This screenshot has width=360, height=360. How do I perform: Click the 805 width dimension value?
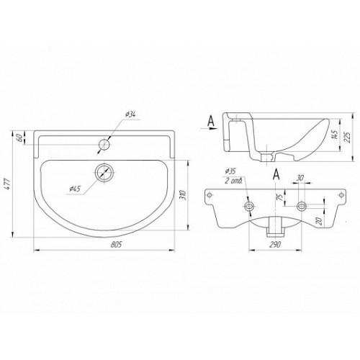(x=117, y=245)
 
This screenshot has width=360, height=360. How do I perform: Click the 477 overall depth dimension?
(x=8, y=184)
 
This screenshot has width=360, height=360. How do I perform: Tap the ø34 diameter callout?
(x=130, y=114)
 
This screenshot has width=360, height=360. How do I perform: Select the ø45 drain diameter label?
(x=75, y=189)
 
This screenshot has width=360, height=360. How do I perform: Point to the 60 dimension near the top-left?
(x=20, y=138)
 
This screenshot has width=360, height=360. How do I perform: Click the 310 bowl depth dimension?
(x=182, y=195)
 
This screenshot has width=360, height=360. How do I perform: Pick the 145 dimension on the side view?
(x=335, y=134)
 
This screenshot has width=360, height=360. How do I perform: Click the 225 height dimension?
(x=348, y=137)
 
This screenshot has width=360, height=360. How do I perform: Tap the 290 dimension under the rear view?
(x=275, y=245)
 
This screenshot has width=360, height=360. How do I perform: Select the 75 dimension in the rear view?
(x=279, y=197)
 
